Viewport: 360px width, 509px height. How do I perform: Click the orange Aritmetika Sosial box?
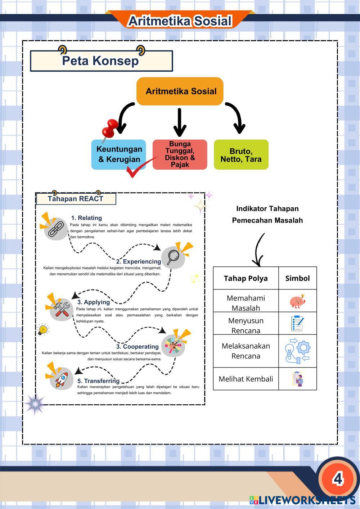180,91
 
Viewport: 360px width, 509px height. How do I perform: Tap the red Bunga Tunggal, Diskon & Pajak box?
180,154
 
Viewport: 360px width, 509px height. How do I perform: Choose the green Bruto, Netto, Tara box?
241,155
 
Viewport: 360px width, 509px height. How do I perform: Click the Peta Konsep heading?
100,61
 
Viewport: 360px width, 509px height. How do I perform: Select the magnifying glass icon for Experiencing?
173,257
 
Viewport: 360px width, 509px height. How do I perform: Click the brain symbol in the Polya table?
297,301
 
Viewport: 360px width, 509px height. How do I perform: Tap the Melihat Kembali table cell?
246,379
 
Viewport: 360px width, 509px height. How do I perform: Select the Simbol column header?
297,278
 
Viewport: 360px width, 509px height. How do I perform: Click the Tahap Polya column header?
246,278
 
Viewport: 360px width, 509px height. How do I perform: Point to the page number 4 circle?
337,479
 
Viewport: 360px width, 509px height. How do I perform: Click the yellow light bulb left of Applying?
43,329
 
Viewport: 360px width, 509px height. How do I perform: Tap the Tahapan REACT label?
76,199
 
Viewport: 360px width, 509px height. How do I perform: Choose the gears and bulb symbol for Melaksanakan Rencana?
297,351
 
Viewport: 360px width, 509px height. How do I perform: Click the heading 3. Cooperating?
137,347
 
